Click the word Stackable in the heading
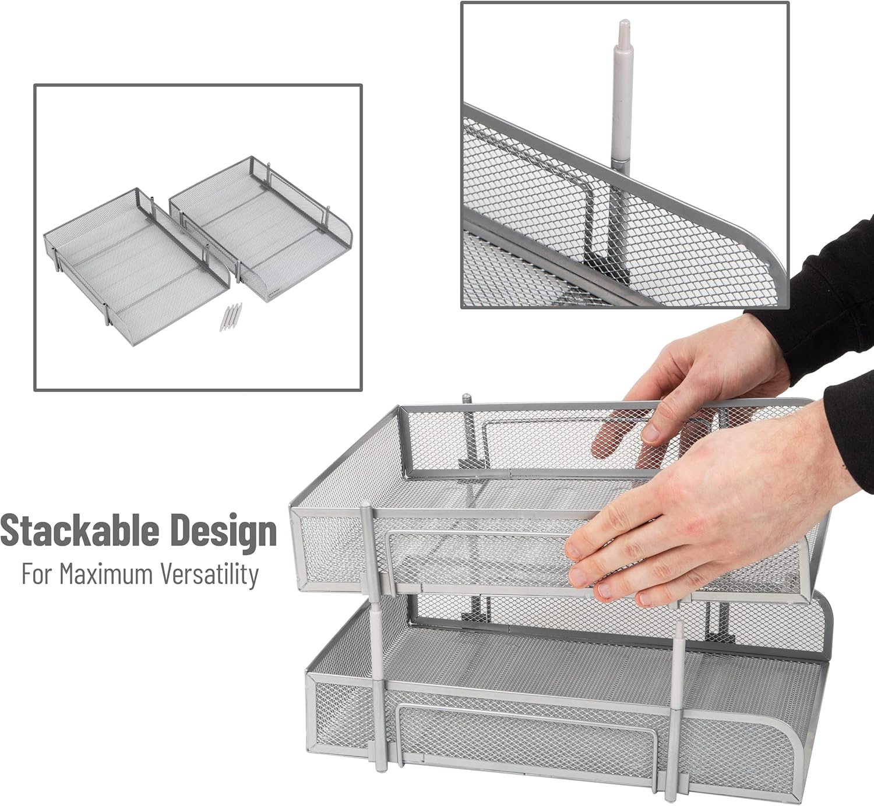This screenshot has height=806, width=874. pos(80,531)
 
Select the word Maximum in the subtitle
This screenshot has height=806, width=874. pos(105,574)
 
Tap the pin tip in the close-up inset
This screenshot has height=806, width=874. pos(622,29)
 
